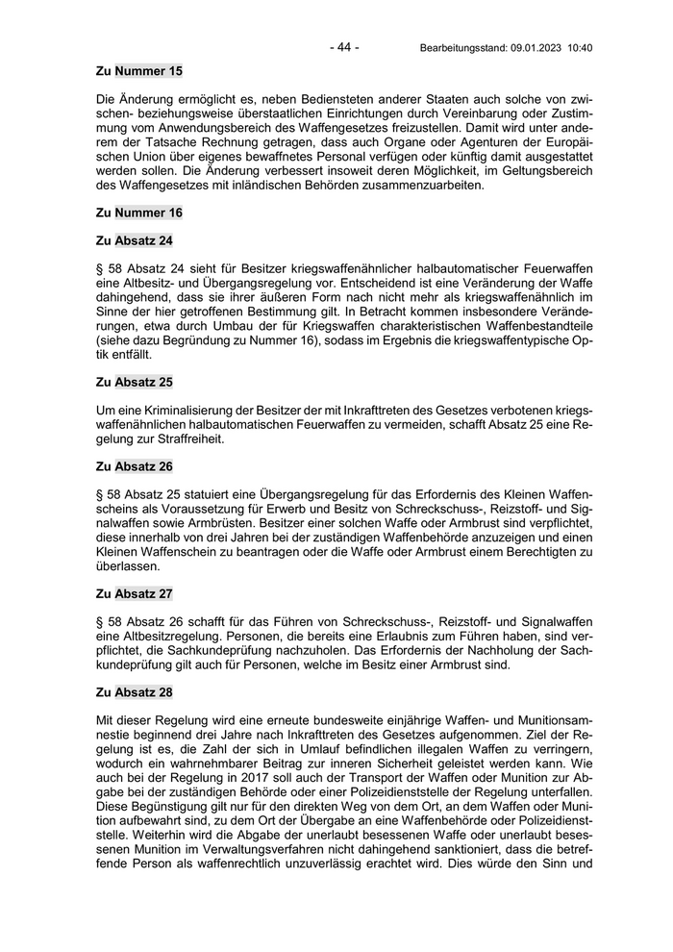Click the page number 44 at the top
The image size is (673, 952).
(343, 46)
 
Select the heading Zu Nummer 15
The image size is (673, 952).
(139, 70)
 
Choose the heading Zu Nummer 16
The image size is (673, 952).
(139, 212)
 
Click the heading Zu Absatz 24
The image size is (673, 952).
(135, 239)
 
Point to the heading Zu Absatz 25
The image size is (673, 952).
(135, 382)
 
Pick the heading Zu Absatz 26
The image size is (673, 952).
(135, 466)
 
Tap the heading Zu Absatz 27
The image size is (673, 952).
(135, 593)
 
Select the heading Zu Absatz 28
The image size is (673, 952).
(135, 691)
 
